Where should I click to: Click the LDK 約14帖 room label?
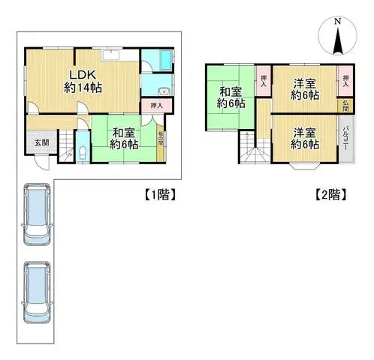point(83,81)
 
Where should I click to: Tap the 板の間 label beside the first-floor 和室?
point(160,139)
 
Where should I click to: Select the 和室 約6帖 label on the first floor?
point(124,139)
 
